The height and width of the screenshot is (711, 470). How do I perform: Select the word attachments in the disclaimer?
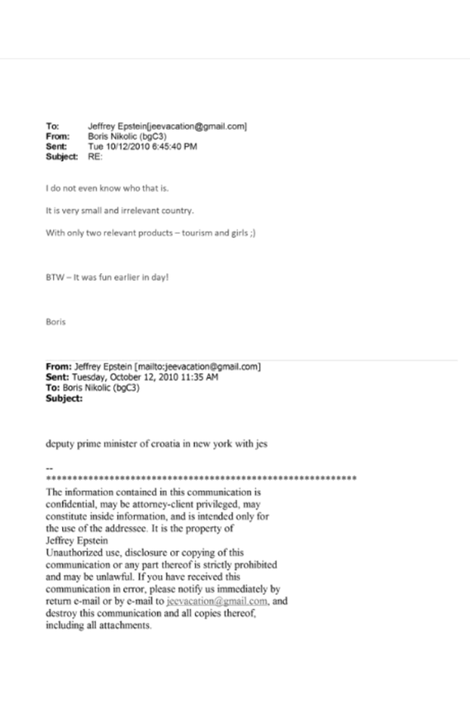pyautogui.click(x=124, y=625)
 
